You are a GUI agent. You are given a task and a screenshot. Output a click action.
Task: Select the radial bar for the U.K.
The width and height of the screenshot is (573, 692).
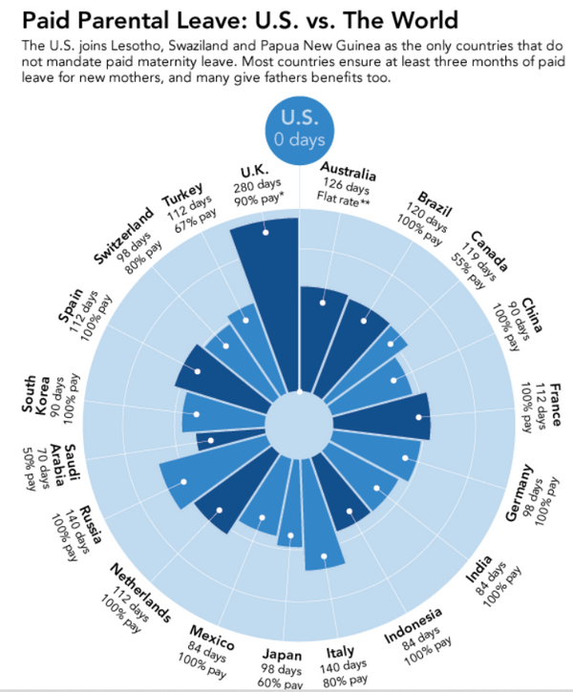pos(268,286)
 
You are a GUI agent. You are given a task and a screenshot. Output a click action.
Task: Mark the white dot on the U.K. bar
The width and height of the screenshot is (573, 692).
pos(266,231)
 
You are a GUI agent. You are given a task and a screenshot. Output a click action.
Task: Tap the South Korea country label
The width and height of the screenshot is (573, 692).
pos(37,395)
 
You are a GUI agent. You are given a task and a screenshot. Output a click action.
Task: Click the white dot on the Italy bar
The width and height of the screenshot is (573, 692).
pos(325,557)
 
